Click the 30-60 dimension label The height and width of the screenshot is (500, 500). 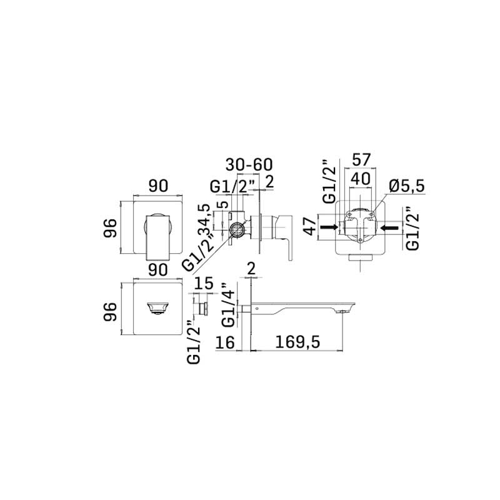[249, 165]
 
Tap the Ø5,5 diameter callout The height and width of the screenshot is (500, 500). [407, 186]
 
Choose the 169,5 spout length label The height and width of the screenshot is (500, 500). [297, 343]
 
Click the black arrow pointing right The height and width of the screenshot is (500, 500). [328, 228]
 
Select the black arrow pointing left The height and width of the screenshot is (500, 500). [390, 228]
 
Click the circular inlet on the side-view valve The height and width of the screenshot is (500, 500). [238, 228]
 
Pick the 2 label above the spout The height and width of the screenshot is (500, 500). [250, 269]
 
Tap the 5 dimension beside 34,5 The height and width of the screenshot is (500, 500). [220, 205]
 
